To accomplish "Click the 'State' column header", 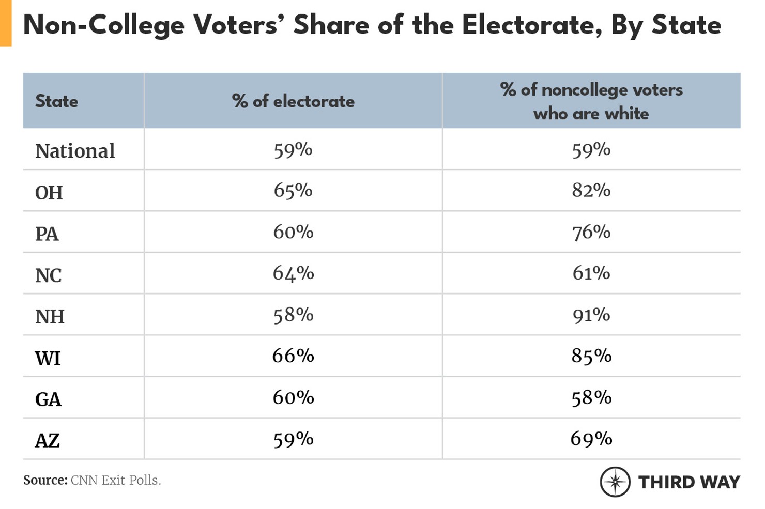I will [x=56, y=101].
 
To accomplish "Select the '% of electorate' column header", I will [x=293, y=101].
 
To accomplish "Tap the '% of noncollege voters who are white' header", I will [x=591, y=101].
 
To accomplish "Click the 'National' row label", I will [x=75, y=151].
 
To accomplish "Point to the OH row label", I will [x=49, y=193].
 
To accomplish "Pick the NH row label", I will [x=50, y=316].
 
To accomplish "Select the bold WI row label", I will [x=48, y=358].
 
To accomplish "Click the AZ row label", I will [x=47, y=441].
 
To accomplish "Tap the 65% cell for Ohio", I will [x=293, y=191].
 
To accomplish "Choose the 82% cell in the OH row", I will [x=591, y=191].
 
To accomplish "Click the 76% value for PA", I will [x=591, y=233].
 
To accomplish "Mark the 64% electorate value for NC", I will [x=293, y=273].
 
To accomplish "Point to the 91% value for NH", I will [x=591, y=315].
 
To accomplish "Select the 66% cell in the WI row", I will [x=293, y=356].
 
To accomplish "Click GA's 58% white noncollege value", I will [x=591, y=398].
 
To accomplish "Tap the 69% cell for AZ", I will [x=591, y=439].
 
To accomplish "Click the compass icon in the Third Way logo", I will [x=615, y=482].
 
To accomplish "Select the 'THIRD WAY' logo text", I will [x=688, y=482].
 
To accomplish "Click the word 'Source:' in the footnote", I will [x=45, y=480].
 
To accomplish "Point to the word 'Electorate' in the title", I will [x=531, y=25].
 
